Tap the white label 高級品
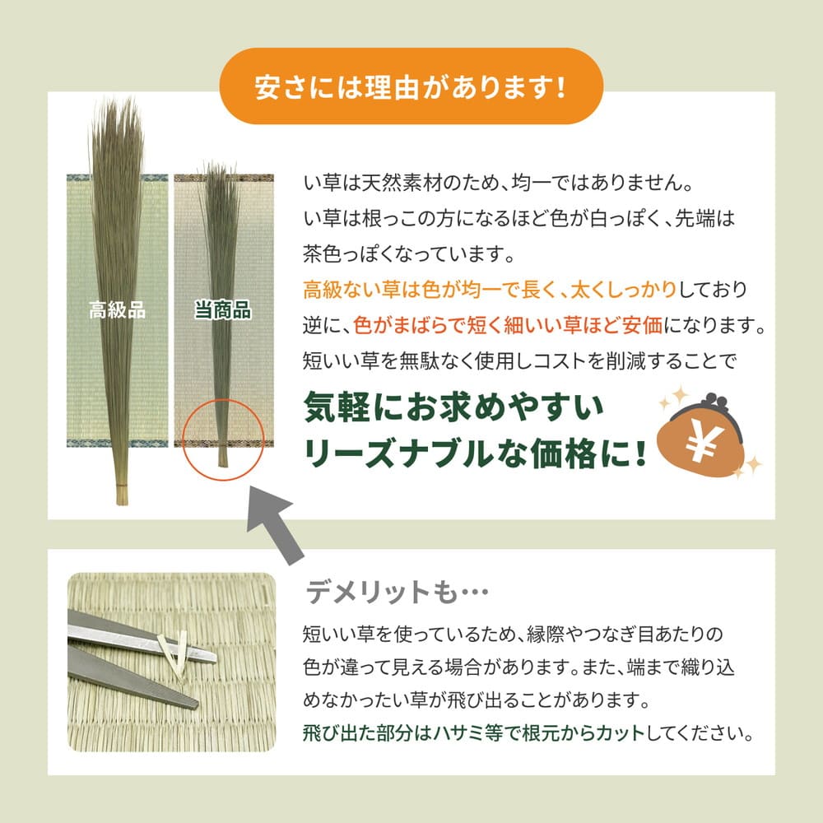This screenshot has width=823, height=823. tap(117, 311)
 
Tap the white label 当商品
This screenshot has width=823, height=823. tap(222, 311)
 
